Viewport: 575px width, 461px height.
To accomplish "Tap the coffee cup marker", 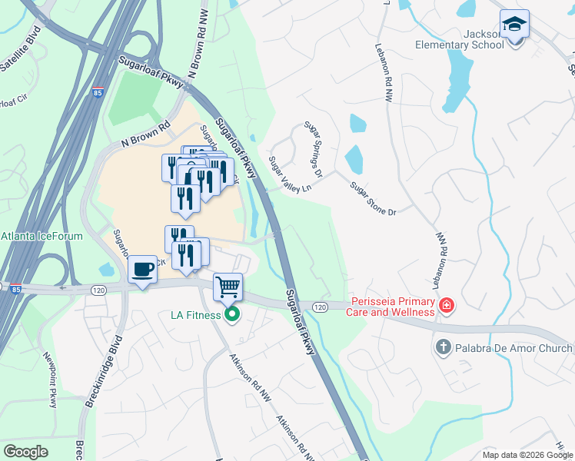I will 142,270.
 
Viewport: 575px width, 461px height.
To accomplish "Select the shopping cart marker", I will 228,288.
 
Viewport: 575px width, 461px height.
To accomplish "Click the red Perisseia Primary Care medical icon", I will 446,307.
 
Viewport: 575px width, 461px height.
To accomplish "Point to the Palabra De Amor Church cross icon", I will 442,347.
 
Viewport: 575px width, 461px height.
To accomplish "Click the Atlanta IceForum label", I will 42,236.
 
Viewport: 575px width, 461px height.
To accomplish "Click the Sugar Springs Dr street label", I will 313,148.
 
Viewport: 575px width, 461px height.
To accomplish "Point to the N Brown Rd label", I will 145,135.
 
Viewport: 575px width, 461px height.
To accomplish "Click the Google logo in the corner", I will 25,452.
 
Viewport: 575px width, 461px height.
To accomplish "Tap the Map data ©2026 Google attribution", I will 527,455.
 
